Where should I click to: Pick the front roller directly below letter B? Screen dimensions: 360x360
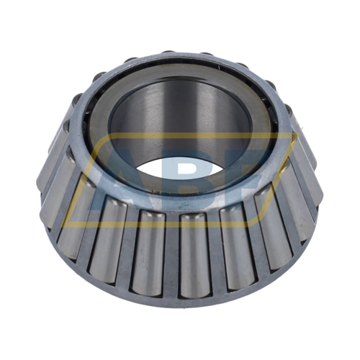[194, 257]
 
